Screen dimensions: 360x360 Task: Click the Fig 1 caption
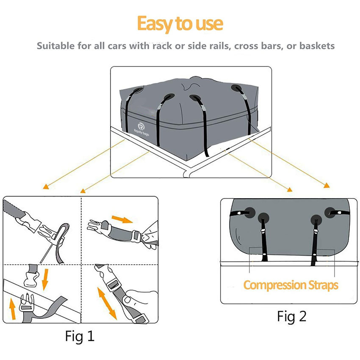point(80,336)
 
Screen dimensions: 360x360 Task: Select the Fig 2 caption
point(291,316)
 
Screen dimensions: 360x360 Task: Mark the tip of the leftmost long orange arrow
point(44,188)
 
